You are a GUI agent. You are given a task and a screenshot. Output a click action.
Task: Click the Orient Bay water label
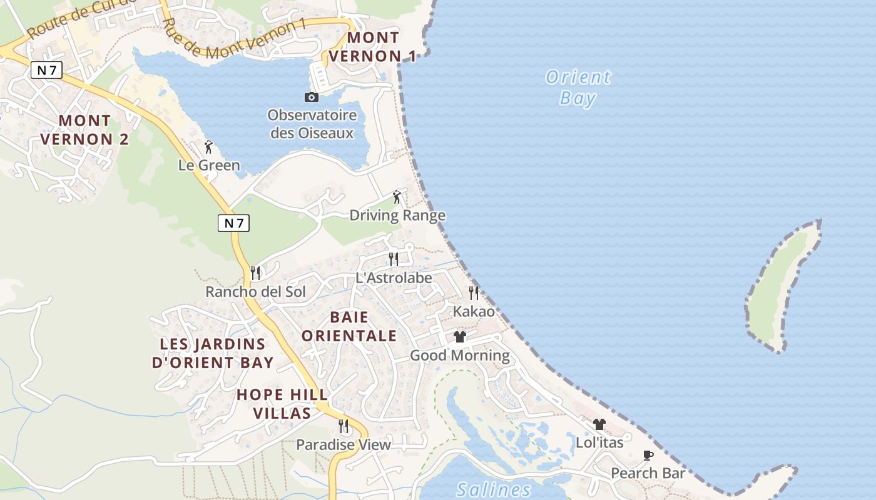(578, 87)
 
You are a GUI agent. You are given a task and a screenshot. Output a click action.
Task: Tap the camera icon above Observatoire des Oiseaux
(311, 97)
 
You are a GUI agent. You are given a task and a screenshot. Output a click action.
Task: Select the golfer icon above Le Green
(208, 147)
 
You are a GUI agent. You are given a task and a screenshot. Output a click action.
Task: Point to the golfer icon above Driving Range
(397, 197)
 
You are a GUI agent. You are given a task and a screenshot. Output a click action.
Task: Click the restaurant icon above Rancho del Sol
(255, 273)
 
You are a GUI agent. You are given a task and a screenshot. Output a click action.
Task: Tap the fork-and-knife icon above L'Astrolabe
(394, 259)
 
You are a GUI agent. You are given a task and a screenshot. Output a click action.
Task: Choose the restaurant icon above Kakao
(474, 292)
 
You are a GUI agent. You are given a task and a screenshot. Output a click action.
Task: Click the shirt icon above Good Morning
(460, 337)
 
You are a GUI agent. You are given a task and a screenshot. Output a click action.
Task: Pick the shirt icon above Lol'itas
(599, 424)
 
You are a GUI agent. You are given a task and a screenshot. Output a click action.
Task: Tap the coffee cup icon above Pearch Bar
(648, 455)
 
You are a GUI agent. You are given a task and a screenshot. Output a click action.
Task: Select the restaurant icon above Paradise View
(344, 426)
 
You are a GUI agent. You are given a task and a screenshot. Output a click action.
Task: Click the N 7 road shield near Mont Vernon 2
(46, 70)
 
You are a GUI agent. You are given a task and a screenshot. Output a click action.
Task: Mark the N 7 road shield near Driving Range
(233, 222)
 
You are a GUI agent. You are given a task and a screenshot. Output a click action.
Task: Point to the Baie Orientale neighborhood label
(349, 326)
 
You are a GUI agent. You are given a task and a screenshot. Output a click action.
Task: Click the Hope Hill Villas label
(282, 404)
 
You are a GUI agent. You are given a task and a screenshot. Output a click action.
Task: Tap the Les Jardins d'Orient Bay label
(213, 353)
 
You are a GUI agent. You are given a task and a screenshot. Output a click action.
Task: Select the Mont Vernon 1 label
(372, 47)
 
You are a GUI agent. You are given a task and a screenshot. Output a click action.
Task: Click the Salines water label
(494, 489)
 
